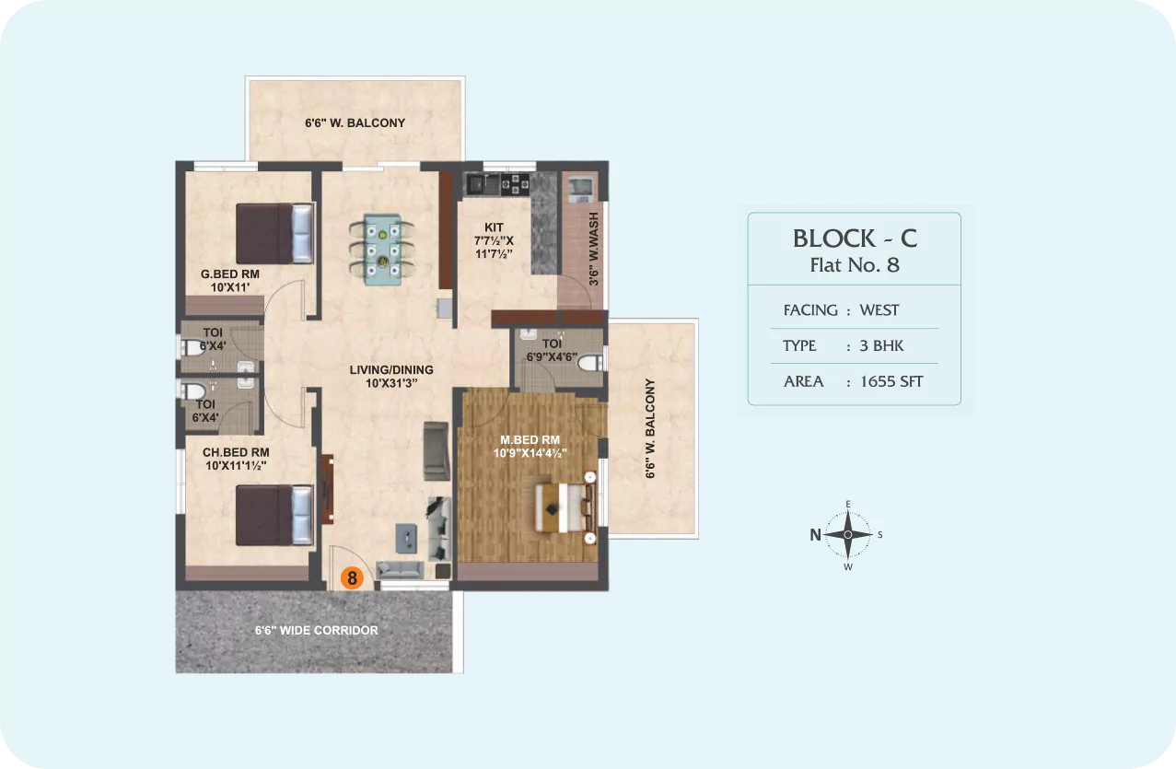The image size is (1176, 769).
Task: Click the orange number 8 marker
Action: tap(352, 578)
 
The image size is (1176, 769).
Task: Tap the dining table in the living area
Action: tap(383, 250)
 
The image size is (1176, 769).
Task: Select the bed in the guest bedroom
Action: tap(274, 234)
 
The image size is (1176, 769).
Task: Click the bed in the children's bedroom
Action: tap(274, 515)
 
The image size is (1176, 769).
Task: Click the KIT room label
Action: tap(494, 227)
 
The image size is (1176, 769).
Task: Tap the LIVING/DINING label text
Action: tap(391, 369)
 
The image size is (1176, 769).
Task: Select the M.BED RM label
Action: tap(530, 440)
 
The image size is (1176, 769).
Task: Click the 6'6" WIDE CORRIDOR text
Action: tap(317, 631)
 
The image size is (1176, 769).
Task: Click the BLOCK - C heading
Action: tap(855, 239)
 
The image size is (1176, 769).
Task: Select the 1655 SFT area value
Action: tap(891, 381)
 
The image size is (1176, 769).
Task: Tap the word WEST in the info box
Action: tap(879, 310)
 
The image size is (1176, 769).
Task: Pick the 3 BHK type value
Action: tap(881, 346)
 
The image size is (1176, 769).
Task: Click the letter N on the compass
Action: tap(815, 535)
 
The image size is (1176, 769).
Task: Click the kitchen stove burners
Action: tap(515, 184)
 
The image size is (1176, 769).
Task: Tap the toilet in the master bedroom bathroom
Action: tap(590, 363)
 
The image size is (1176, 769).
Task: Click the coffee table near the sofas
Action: tap(406, 538)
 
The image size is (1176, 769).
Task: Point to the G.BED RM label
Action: tap(230, 274)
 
